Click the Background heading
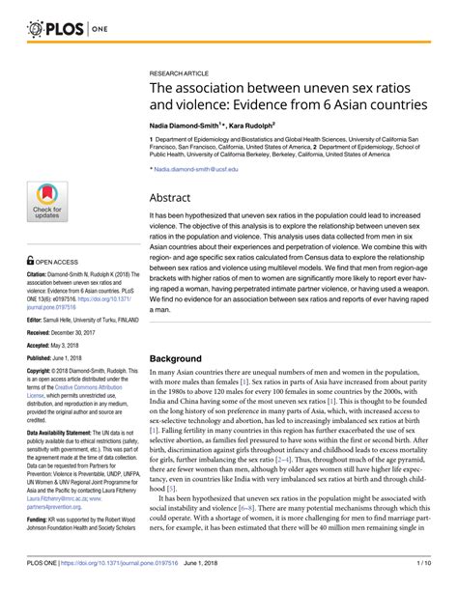tap(185, 358)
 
